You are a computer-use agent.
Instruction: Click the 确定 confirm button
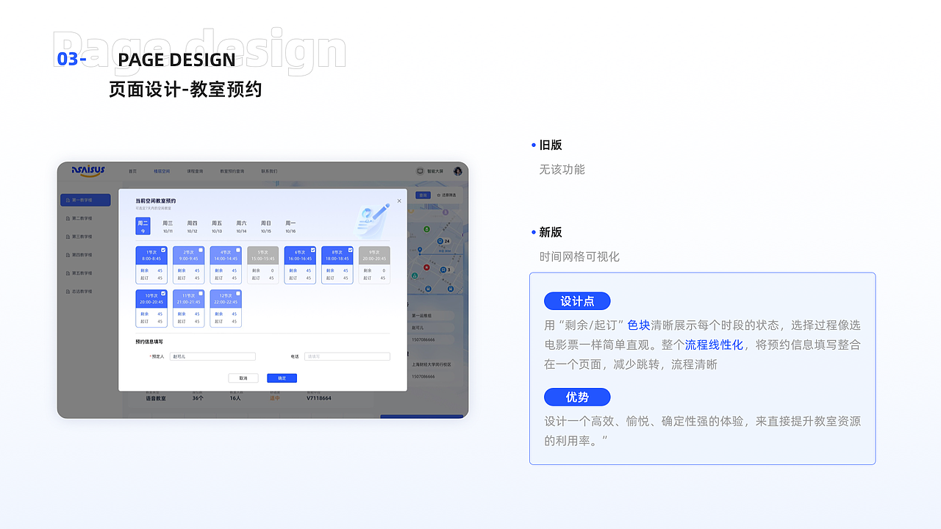(282, 378)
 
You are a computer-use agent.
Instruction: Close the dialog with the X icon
(399, 201)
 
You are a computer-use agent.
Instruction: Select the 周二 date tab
(143, 226)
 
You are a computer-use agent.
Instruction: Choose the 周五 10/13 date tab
(217, 226)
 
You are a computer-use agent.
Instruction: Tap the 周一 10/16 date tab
(290, 226)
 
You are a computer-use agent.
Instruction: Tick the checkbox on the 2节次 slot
(201, 250)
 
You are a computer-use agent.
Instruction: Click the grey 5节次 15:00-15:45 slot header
(262, 255)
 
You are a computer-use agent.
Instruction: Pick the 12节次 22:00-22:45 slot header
(226, 298)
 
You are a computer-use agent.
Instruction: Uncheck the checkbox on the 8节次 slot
(349, 250)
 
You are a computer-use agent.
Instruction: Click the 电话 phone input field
(347, 356)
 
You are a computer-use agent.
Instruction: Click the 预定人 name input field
(212, 356)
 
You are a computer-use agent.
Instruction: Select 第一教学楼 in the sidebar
(85, 200)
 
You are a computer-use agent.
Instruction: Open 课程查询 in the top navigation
(195, 171)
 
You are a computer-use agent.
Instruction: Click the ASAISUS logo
(88, 170)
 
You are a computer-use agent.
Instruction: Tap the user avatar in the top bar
(457, 171)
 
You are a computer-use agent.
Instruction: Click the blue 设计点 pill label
(577, 301)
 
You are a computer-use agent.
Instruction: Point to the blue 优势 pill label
(577, 397)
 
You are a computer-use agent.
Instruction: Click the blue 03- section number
(71, 60)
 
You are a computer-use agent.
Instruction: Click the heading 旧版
(550, 145)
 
